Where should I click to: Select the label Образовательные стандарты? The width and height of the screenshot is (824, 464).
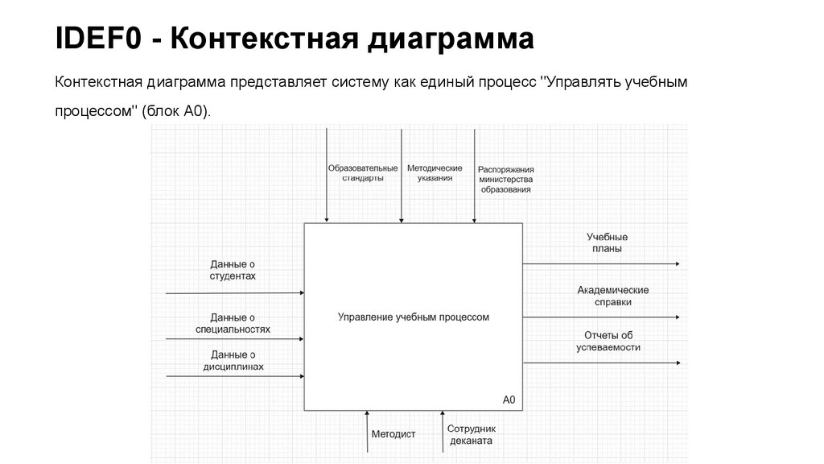click(362, 173)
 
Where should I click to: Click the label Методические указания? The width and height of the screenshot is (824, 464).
click(435, 173)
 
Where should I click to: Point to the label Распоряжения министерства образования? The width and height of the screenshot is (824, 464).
click(506, 180)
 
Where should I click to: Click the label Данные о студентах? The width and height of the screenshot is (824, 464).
click(233, 270)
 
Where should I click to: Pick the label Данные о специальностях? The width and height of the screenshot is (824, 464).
click(233, 323)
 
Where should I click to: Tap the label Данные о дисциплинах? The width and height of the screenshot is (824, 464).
click(233, 360)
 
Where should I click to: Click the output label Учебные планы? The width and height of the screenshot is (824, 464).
click(607, 242)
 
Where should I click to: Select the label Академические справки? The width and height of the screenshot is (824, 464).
click(612, 296)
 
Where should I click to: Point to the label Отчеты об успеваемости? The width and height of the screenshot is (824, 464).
click(608, 341)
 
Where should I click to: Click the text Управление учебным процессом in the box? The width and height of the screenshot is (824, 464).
click(414, 317)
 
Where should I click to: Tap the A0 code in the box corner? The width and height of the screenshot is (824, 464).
click(509, 400)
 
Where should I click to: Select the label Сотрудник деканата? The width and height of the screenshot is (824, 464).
click(472, 435)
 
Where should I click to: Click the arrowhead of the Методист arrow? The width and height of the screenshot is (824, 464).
click(367, 414)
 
